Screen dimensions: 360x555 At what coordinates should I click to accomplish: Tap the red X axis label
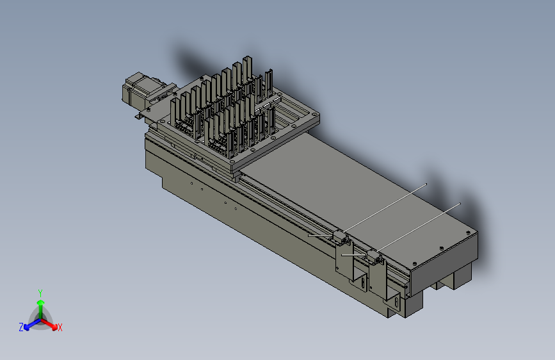(x=60, y=327)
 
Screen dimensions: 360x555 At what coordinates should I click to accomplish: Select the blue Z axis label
(x=21, y=327)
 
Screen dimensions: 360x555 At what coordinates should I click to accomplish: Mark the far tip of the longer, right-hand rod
(x=460, y=203)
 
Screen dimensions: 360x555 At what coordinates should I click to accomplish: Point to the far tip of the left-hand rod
(x=426, y=184)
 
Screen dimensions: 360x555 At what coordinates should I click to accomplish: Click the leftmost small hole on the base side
(x=191, y=183)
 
